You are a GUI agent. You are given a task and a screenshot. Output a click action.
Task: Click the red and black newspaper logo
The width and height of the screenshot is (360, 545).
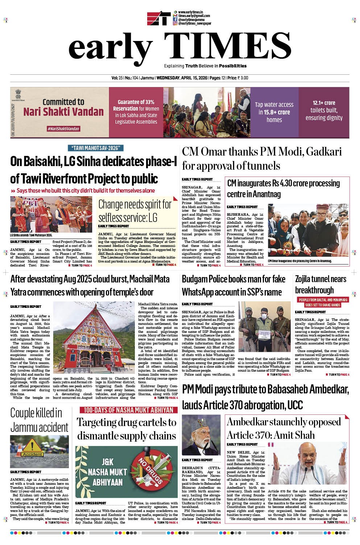pos(158,18)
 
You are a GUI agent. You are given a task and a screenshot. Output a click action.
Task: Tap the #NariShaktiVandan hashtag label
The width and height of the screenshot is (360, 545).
pos(63,129)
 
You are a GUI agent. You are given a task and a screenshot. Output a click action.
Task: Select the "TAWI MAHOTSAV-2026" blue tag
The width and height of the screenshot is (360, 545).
pos(96,148)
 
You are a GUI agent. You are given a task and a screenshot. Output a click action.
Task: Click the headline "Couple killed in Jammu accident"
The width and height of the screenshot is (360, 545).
pos(39,420)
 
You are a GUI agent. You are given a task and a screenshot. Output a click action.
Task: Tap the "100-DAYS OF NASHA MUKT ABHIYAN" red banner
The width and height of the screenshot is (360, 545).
pos(129,410)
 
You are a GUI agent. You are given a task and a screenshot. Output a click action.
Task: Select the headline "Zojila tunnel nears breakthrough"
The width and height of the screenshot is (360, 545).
pos(320,284)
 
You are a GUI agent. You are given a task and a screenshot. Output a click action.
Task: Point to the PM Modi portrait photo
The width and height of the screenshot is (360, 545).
pos(201,435)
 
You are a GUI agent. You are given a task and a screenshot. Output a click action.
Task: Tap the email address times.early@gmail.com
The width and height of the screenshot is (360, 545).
pos(194,16)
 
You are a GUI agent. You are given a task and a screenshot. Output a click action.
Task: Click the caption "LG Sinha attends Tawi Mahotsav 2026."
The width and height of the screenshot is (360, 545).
pos(31,235)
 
